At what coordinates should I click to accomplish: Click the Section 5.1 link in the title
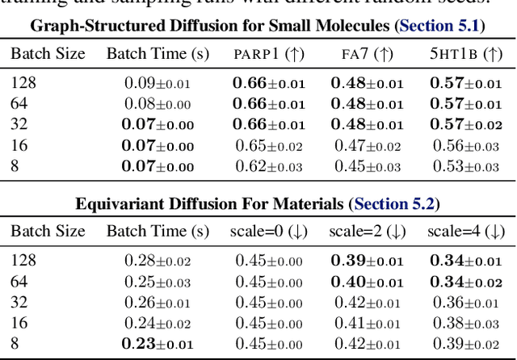[439, 26]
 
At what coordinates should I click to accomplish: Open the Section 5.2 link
[393, 204]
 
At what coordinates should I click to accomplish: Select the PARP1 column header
[269, 55]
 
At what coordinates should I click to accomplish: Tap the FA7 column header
[368, 55]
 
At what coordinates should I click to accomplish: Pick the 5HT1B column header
[465, 55]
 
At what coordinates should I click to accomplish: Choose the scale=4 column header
[465, 232]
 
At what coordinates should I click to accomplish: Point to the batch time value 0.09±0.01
[159, 83]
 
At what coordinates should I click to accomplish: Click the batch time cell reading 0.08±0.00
[159, 104]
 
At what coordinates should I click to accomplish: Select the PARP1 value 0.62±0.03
[269, 167]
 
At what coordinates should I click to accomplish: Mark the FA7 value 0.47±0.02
[368, 146]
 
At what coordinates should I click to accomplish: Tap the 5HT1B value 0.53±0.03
[465, 167]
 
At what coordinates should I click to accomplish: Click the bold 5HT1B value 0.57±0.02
[465, 125]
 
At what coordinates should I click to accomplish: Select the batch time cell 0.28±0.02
[159, 261]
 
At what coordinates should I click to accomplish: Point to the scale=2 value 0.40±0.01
[368, 282]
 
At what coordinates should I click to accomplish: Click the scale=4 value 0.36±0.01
[465, 303]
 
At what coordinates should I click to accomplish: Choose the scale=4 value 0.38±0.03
[465, 324]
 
